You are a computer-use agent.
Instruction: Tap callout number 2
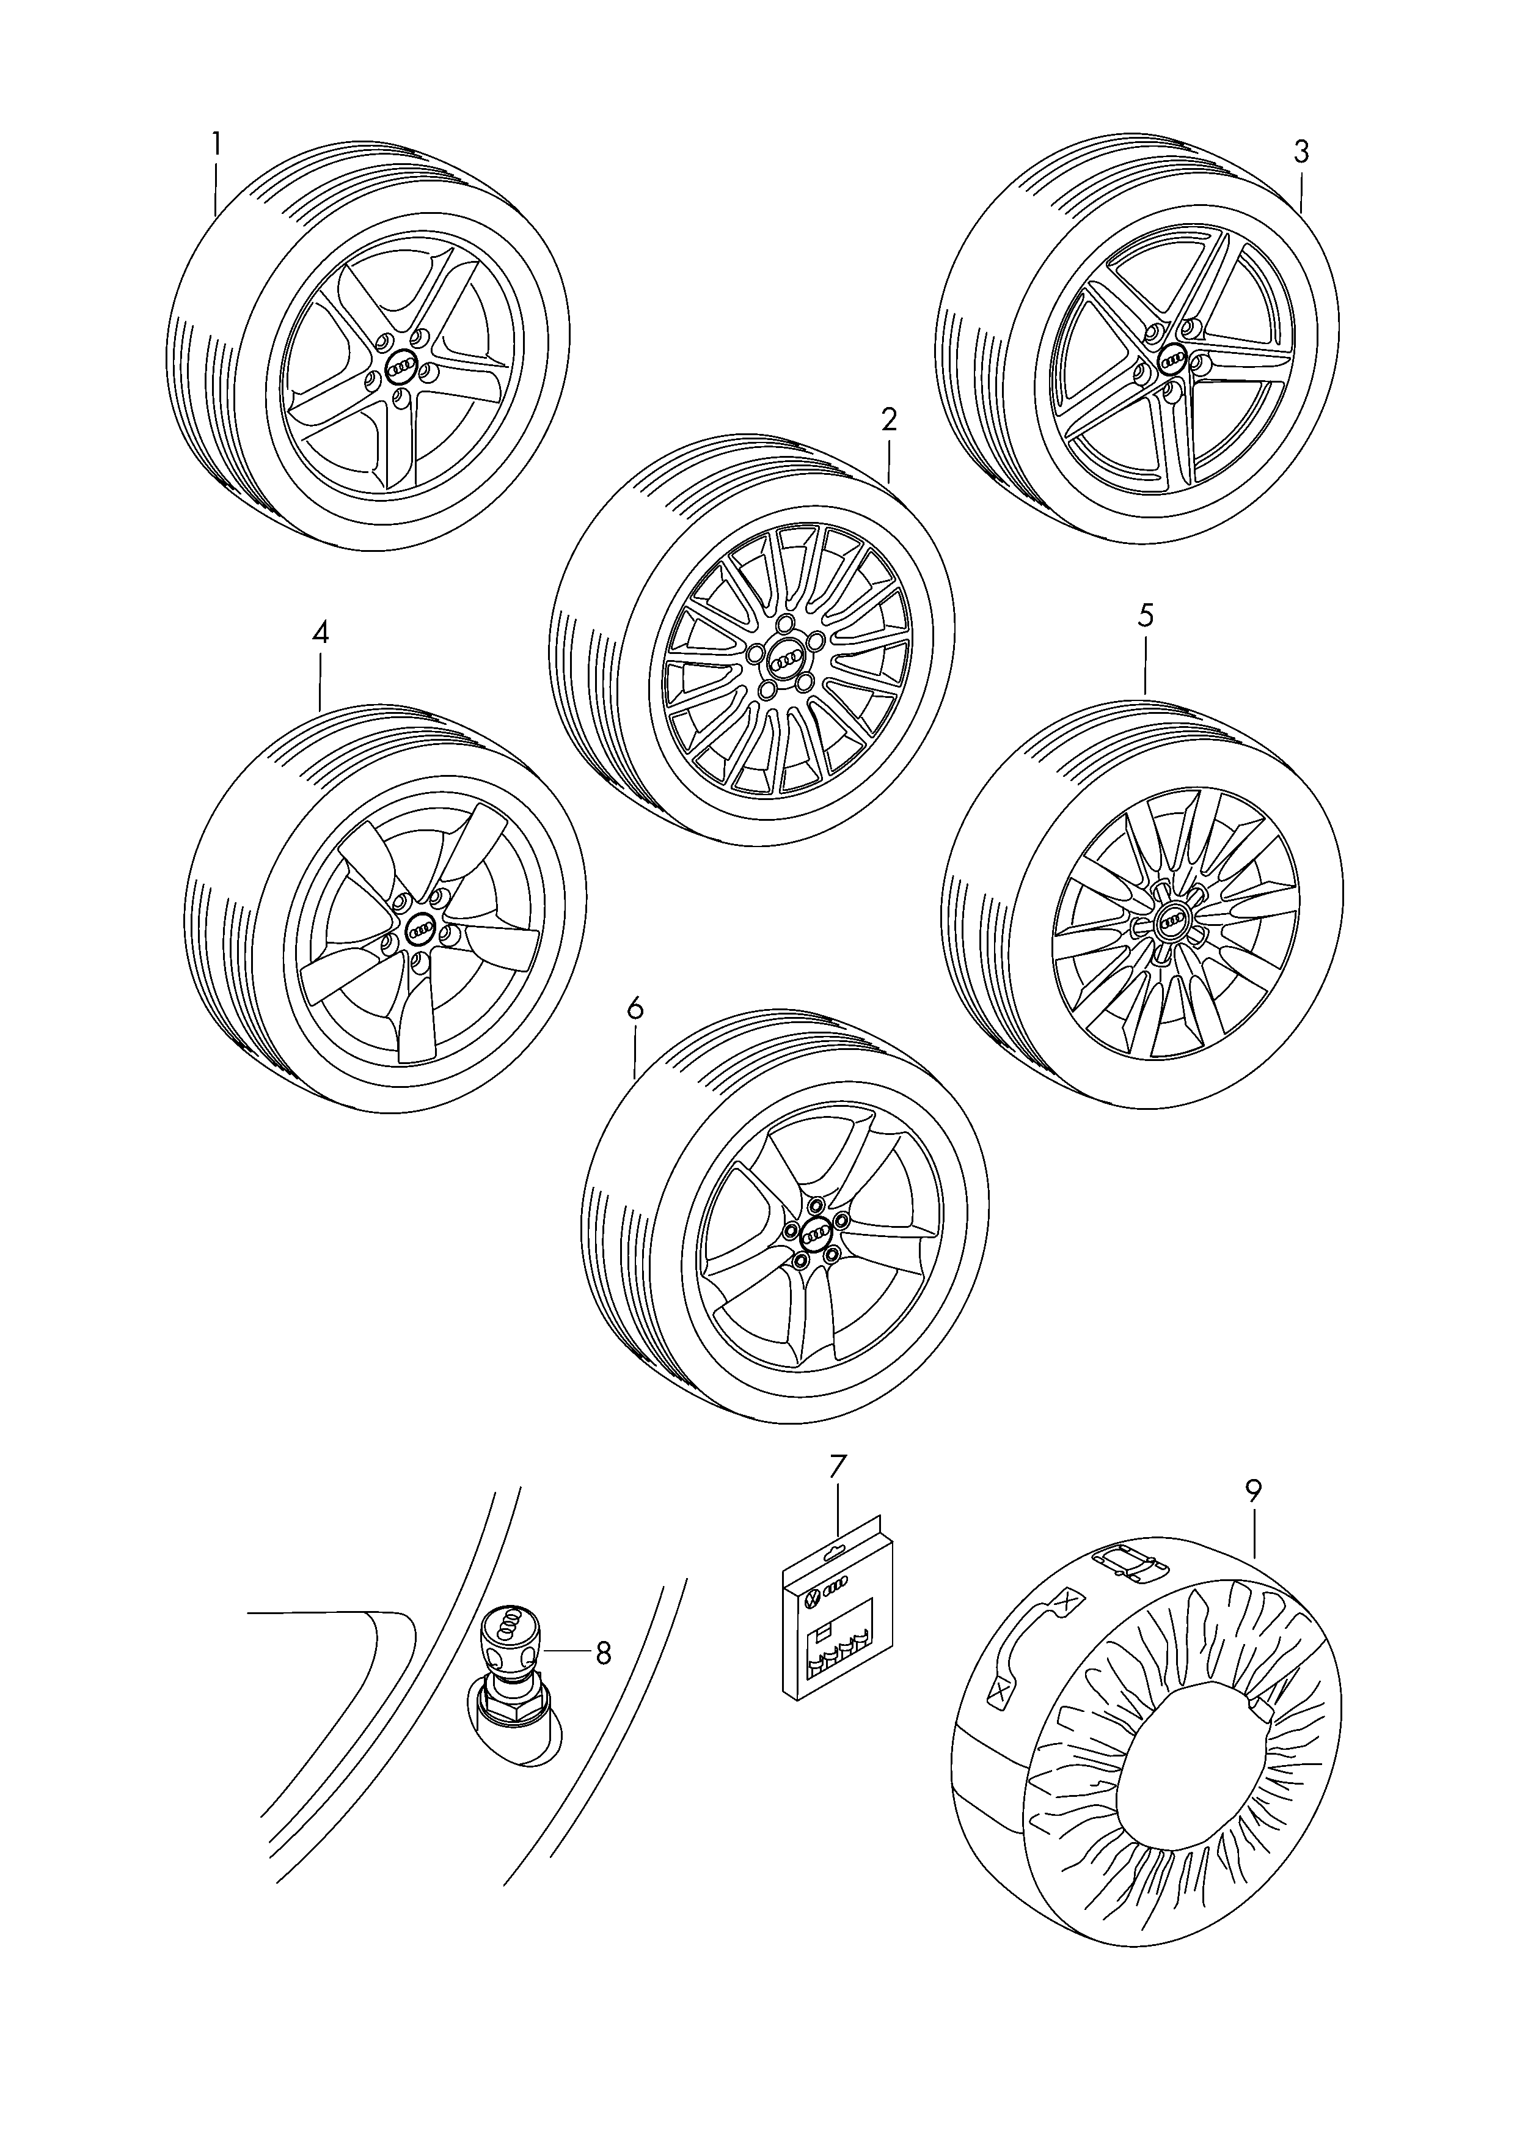pos(888,419)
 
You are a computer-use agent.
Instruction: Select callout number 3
pos(1301,152)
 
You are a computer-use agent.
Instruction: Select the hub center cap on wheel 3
pos(1171,359)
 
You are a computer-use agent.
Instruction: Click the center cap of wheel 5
pos(1171,922)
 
